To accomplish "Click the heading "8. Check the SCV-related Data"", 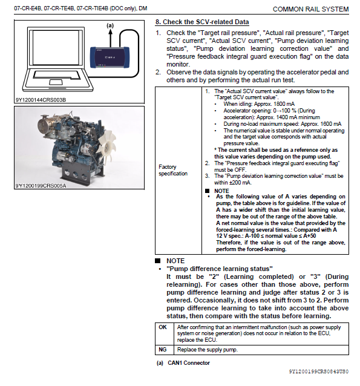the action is (x=202, y=22).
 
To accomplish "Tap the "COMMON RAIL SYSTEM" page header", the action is (x=311, y=9).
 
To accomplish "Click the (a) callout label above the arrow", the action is (x=110, y=25).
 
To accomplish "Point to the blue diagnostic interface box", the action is (x=110, y=57).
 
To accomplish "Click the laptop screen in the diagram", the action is (x=56, y=48).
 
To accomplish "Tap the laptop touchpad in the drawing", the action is (x=56, y=82).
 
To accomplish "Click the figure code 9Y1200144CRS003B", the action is (x=41, y=100).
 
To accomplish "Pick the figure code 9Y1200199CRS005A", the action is (x=41, y=185).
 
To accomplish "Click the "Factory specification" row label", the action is (x=173, y=170).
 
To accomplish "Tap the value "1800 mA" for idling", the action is (x=284, y=104).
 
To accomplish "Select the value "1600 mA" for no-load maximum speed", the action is (x=330, y=124).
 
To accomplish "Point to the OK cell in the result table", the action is (x=163, y=327).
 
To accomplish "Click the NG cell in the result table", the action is (x=163, y=349).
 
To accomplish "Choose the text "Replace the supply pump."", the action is (x=208, y=350).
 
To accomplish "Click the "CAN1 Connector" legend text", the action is (x=189, y=363).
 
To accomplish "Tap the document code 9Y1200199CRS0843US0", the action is (x=319, y=371).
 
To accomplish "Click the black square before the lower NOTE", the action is (x=157, y=260).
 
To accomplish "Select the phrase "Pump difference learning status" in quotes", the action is (x=220, y=269).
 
